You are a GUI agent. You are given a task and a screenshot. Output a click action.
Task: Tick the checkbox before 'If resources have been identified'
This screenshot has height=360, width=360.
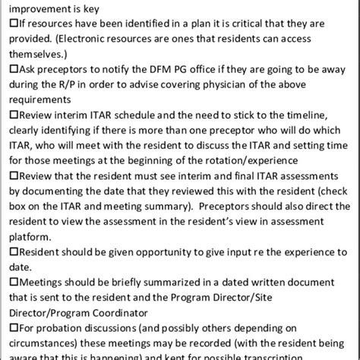click(x=6, y=25)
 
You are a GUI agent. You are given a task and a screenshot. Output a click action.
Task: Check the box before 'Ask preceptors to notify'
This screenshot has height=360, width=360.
click(x=6, y=68)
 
